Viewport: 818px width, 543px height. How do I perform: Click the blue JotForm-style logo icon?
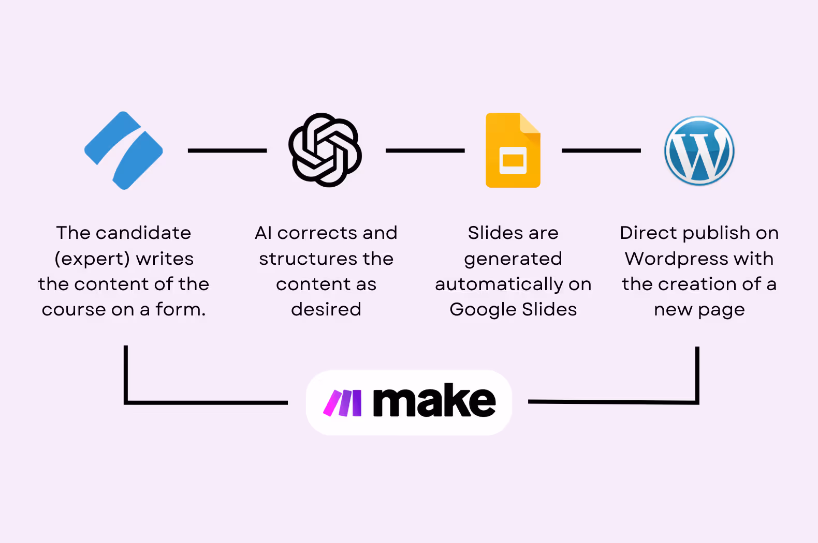[124, 150]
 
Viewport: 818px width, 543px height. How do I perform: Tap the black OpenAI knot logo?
[325, 150]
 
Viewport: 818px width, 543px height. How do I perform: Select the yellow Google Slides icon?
[513, 150]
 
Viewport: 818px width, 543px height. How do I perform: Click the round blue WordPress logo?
[699, 150]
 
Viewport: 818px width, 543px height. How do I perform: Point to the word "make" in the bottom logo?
[434, 401]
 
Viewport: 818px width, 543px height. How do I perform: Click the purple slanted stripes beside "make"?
[342, 403]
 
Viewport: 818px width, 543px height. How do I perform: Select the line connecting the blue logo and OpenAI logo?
[227, 150]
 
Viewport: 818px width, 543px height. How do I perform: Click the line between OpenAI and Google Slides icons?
[425, 150]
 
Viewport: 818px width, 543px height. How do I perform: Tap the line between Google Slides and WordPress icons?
[601, 150]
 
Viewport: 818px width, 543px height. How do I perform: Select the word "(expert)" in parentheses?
[92, 259]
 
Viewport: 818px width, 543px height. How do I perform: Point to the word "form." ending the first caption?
[181, 309]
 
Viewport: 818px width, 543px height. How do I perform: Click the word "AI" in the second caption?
[263, 233]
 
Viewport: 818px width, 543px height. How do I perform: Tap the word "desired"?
[326, 309]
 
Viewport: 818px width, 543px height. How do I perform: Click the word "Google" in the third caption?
[483, 310]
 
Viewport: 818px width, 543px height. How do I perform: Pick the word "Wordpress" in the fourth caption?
[677, 259]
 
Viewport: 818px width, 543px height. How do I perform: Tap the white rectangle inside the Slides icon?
[513, 160]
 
